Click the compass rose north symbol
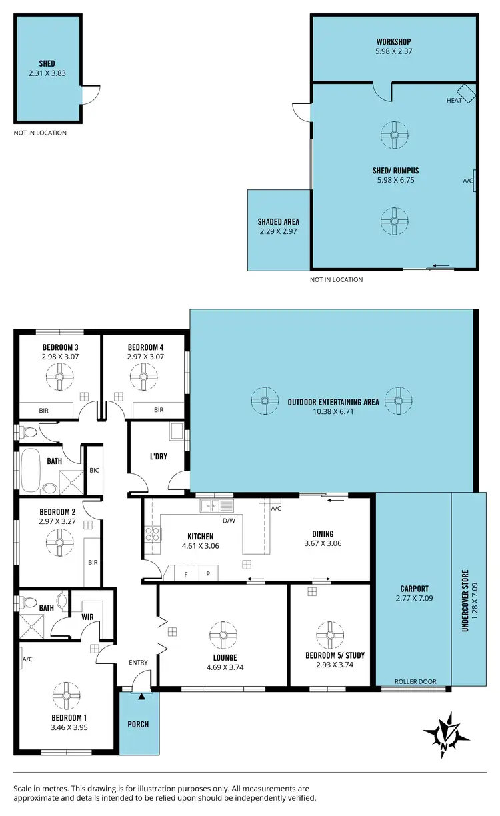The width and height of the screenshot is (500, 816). coord(445,734)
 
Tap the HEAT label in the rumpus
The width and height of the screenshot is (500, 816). coord(454,101)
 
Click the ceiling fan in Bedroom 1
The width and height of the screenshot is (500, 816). coord(66,695)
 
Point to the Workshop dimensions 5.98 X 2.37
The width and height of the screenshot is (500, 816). coord(395,51)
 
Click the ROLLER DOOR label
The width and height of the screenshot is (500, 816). coord(415,681)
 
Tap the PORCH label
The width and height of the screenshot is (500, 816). coord(139,724)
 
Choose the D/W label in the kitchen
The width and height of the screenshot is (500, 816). coord(228,520)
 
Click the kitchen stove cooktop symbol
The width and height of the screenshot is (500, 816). coord(152,534)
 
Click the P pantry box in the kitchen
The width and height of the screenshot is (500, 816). coord(207,573)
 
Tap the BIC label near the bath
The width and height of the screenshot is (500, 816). coord(94,470)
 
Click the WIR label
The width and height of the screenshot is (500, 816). coord(87,617)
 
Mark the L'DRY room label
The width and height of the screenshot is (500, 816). coord(159,456)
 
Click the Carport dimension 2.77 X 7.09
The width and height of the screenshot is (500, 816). coord(414,598)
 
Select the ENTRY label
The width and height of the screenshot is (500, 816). coord(137,662)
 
